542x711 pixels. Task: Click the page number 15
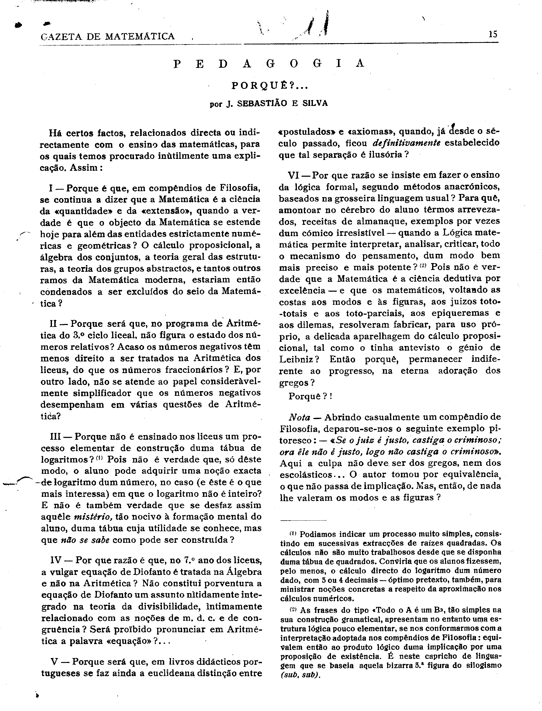pyautogui.click(x=493, y=34)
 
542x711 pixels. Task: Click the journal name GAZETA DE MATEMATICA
pyautogui.click(x=108, y=36)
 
